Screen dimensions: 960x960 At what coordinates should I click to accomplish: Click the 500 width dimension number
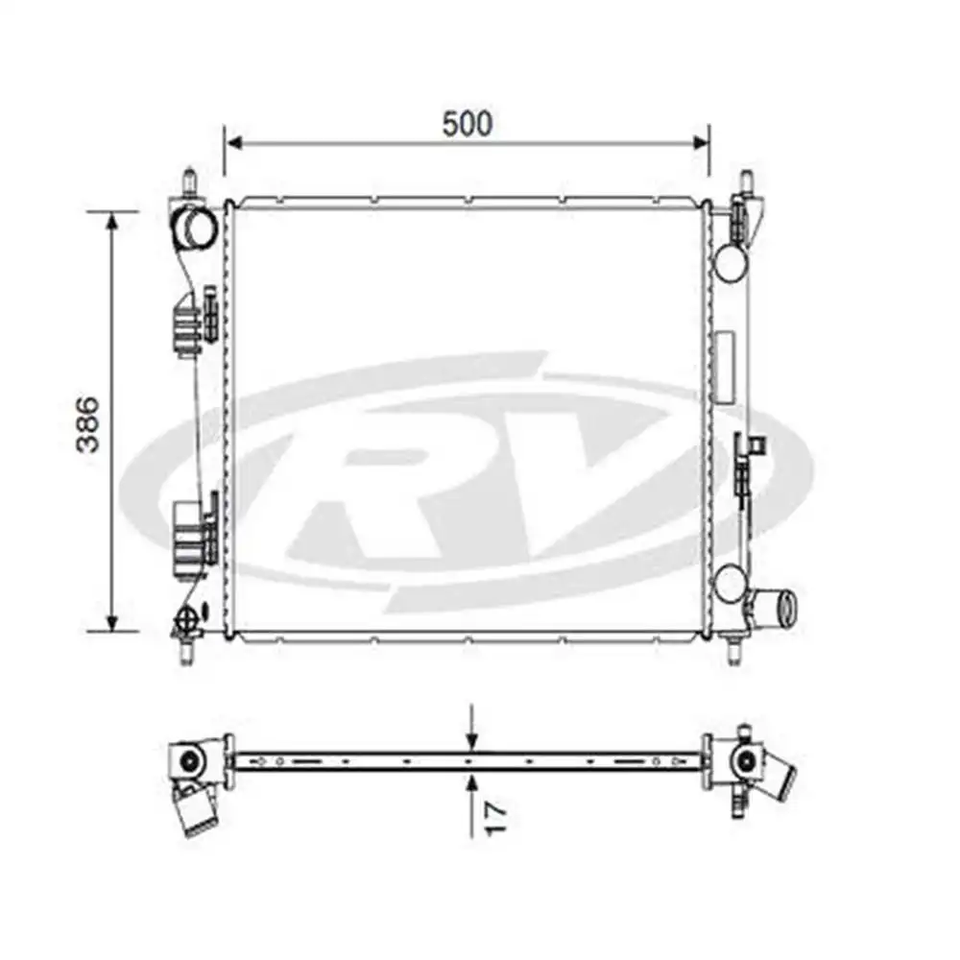(467, 124)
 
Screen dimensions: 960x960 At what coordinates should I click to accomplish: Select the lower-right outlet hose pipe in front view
(779, 609)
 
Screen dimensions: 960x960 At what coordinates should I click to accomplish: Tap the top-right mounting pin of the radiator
(744, 182)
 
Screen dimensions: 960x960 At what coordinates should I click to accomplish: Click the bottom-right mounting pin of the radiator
(733, 650)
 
